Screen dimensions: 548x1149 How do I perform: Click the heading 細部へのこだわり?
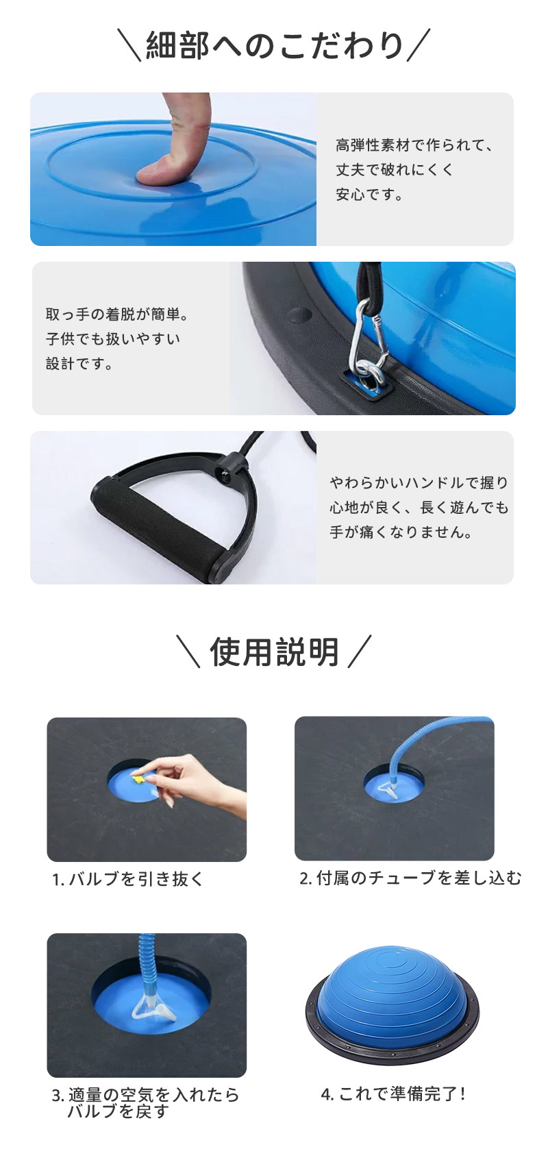click(275, 46)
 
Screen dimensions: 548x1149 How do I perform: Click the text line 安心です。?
click(370, 195)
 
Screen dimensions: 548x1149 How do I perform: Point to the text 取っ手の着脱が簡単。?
click(117, 314)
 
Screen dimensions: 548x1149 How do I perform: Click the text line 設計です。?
click(79, 364)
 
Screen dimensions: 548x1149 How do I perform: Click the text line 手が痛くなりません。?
click(401, 532)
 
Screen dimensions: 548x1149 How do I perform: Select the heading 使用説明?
click(274, 652)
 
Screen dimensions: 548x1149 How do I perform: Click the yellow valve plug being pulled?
click(138, 779)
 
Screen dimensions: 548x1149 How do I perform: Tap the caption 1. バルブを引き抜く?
click(128, 879)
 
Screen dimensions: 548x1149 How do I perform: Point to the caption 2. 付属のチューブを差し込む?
click(410, 878)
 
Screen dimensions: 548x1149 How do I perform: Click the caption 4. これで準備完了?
click(393, 1094)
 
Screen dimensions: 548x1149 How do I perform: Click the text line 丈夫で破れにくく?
click(395, 169)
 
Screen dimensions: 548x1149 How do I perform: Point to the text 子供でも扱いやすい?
click(113, 338)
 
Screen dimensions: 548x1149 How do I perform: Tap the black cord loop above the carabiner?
click(369, 283)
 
